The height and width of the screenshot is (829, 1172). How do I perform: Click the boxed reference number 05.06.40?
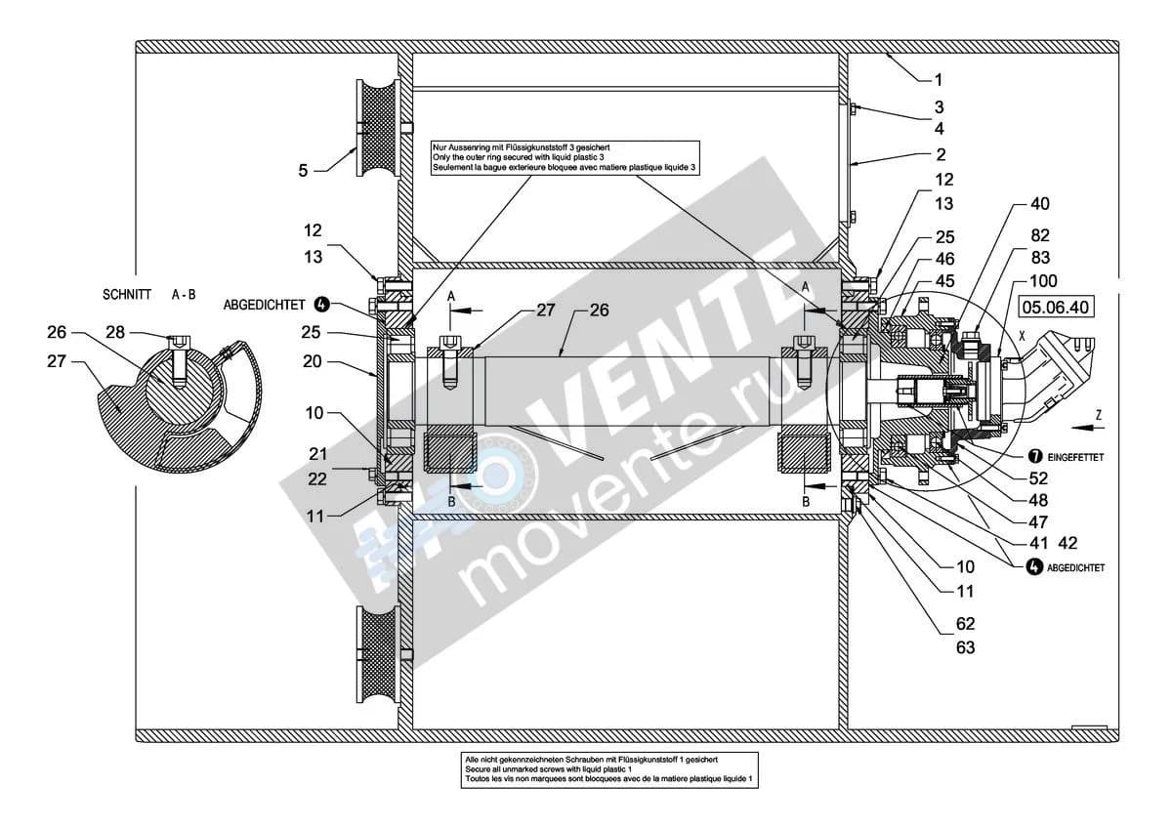click(x=1056, y=307)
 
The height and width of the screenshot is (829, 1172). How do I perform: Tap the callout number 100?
click(x=1043, y=281)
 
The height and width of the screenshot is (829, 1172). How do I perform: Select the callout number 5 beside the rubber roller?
click(x=303, y=171)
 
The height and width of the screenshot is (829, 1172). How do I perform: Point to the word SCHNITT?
click(x=127, y=295)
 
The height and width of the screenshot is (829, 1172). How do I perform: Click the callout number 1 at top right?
click(x=939, y=80)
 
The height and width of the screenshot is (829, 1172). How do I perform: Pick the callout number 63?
click(x=965, y=648)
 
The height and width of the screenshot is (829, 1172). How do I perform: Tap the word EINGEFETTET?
click(x=1075, y=457)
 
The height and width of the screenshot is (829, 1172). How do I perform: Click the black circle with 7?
click(x=1035, y=456)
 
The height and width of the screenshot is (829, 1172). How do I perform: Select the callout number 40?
click(x=1039, y=204)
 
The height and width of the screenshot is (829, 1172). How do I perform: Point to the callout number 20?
click(x=313, y=361)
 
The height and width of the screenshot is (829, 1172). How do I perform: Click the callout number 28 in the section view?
click(x=115, y=332)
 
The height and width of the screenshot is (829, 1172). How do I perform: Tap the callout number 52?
click(x=1038, y=478)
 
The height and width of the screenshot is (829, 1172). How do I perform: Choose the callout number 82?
click(x=1039, y=236)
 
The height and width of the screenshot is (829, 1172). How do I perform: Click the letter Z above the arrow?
click(x=1099, y=415)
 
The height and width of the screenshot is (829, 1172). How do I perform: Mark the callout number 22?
click(x=317, y=479)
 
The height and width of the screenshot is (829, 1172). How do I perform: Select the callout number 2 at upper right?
click(x=941, y=155)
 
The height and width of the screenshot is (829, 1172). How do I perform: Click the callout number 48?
click(x=1038, y=501)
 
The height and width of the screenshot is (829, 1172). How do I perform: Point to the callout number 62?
click(x=965, y=624)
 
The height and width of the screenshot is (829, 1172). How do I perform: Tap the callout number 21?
click(x=317, y=454)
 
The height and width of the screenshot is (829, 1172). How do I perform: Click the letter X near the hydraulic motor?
click(x=1022, y=336)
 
